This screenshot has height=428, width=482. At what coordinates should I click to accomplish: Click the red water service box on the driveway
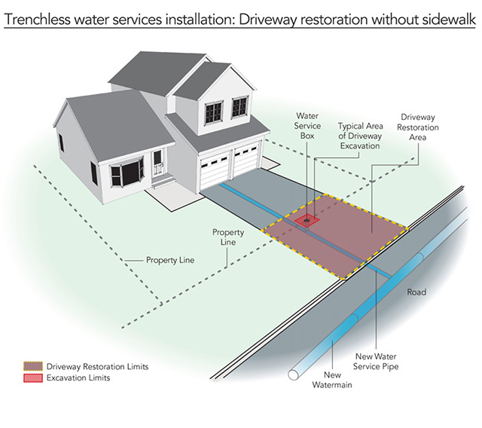click(307, 221)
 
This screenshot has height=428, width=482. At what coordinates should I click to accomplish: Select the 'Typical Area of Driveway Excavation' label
click(358, 136)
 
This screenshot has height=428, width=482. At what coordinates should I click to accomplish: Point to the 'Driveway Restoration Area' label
click(419, 127)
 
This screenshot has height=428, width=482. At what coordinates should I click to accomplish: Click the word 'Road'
click(416, 292)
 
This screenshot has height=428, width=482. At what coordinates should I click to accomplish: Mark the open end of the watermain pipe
click(293, 374)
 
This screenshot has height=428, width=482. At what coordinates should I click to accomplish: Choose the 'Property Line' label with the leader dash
click(171, 260)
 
